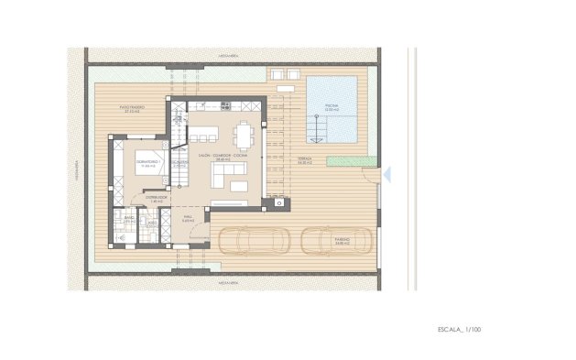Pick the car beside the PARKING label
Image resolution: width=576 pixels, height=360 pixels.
(x=335, y=239)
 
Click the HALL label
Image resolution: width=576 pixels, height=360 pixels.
(x=187, y=219)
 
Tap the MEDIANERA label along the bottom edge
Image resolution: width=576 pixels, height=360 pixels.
(x=229, y=283)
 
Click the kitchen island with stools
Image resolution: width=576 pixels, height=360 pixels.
(x=206, y=132)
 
